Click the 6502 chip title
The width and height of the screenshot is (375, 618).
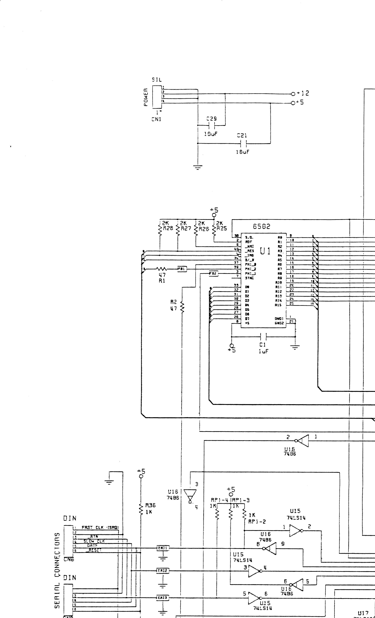(261, 226)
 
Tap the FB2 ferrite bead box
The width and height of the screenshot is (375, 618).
(213, 273)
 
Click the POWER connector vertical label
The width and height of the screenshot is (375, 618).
(146, 97)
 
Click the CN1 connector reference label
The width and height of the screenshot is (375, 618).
(156, 119)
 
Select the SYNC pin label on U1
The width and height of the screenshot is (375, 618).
(249, 278)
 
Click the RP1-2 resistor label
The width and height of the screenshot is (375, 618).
(257, 522)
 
